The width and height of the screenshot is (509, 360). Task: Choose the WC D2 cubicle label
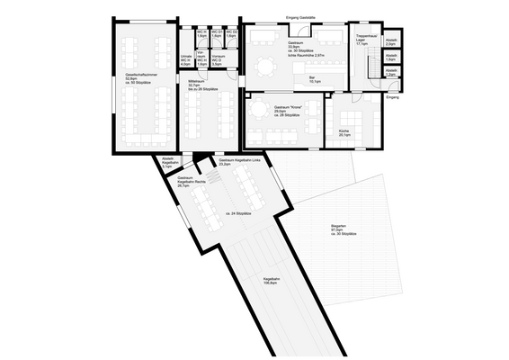(x=231, y=35)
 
